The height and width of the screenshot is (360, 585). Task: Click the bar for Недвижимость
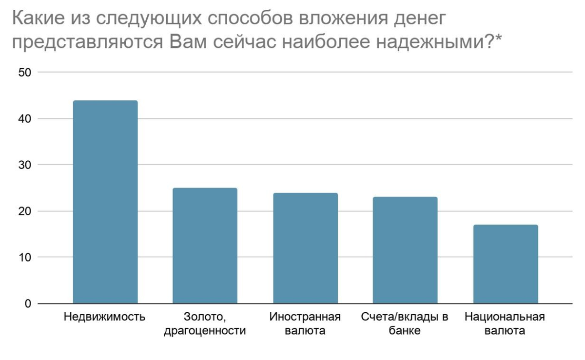pyautogui.click(x=105, y=202)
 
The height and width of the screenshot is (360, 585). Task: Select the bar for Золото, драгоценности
pyautogui.click(x=205, y=246)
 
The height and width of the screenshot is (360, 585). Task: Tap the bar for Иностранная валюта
pyautogui.click(x=305, y=248)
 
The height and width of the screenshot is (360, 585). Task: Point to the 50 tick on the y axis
pyautogui.click(x=24, y=73)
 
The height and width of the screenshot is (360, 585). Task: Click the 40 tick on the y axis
pyautogui.click(x=24, y=119)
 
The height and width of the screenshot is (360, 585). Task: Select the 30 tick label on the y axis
pyautogui.click(x=24, y=165)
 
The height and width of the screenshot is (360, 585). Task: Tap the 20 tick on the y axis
pyautogui.click(x=24, y=211)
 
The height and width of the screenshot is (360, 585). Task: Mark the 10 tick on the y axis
pyautogui.click(x=24, y=257)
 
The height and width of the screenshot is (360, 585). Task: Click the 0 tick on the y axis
pyautogui.click(x=27, y=303)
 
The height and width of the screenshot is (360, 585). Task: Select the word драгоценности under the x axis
pyautogui.click(x=205, y=332)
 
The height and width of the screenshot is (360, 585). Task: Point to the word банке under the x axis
pyautogui.click(x=405, y=332)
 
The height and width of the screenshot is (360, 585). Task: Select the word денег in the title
pyautogui.click(x=420, y=20)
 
